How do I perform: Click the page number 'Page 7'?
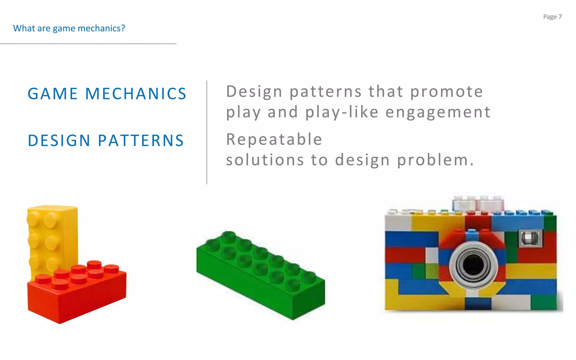tap(552, 17)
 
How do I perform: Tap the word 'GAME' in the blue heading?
tap(53, 94)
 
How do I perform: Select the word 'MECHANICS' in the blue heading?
tap(136, 94)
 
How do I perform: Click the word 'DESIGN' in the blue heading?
tap(59, 141)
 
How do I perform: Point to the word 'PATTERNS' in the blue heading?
tap(141, 141)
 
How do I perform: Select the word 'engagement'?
tap(438, 112)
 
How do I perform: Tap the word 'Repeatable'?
tap(274, 139)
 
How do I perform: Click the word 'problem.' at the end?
tap(435, 160)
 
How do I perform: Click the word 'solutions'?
tap(265, 160)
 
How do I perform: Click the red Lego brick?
tap(76, 298)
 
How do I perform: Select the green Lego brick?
tap(262, 278)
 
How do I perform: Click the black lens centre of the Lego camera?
tap(473, 265)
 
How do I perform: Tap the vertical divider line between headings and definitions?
tap(207, 132)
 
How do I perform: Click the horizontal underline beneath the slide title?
tap(88, 44)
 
